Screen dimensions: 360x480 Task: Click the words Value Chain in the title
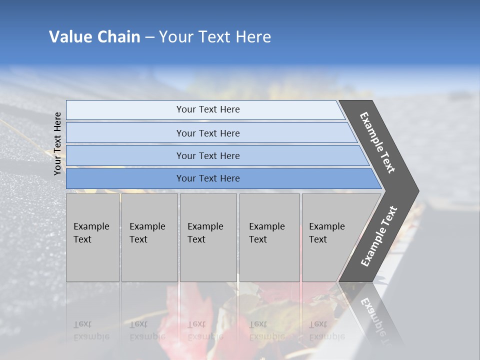click(x=94, y=37)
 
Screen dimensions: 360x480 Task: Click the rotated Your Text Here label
click(x=57, y=143)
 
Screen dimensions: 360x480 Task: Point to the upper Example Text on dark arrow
click(x=377, y=142)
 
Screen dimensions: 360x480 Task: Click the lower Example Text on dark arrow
click(x=378, y=236)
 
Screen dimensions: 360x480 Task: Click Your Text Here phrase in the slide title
click(x=215, y=37)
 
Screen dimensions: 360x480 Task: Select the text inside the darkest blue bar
click(x=208, y=178)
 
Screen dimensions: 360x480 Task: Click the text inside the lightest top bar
click(x=208, y=109)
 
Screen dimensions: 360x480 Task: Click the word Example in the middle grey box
click(x=205, y=226)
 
